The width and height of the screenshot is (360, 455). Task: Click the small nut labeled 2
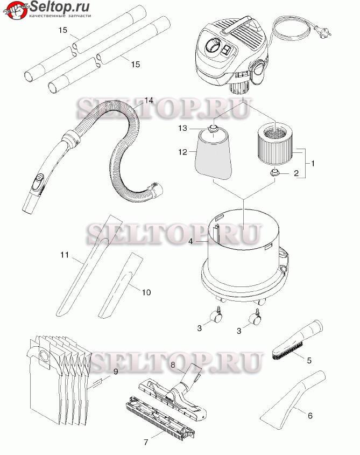pos(273,173)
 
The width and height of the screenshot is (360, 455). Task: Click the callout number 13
pos(182,128)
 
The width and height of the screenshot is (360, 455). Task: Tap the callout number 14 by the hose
pos(149,100)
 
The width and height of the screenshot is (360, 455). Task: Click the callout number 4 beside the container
pos(190,241)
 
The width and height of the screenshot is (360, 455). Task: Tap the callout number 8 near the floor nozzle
pos(173,365)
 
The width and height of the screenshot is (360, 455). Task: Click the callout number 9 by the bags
pos(116,372)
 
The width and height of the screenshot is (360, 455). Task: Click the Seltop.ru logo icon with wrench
pos(15,10)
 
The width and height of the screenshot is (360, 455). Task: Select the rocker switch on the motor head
pos(226,50)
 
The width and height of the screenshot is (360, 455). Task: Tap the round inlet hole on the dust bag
pos(44,355)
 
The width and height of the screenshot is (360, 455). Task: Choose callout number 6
pos(310,416)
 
